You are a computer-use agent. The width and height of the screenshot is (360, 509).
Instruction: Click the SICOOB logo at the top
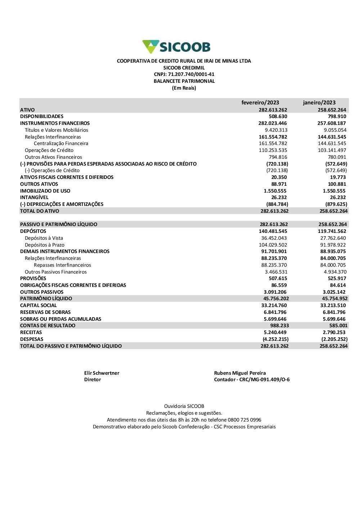click(176, 47)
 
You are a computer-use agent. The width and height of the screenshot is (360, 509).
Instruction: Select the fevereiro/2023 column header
click(260, 103)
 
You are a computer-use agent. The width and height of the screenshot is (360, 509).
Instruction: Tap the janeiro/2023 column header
click(319, 103)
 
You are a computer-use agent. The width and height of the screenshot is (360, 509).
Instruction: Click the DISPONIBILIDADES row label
click(42, 117)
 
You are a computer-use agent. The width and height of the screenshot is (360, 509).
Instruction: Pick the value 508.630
click(278, 117)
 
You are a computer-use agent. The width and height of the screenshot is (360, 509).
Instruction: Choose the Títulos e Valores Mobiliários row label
click(57, 130)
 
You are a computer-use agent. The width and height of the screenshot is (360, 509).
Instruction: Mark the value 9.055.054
click(335, 130)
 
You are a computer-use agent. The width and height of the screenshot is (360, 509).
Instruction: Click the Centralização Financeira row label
click(61, 144)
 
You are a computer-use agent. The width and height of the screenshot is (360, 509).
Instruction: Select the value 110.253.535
click(273, 150)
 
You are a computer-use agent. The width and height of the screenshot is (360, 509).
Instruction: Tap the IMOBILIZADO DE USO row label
click(45, 191)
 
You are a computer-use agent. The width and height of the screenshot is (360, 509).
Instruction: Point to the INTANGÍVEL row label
click(34, 198)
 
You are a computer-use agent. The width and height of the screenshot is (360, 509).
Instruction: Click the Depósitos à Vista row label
click(44, 238)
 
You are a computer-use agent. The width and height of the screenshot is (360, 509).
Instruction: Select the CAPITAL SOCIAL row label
click(39, 306)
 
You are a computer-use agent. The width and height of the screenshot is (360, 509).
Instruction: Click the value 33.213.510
click(333, 306)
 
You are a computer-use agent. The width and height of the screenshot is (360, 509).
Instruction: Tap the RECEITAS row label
click(31, 333)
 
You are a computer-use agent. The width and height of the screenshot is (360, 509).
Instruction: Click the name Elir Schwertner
click(102, 373)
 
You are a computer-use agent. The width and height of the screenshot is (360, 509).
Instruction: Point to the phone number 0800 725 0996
click(244, 420)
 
